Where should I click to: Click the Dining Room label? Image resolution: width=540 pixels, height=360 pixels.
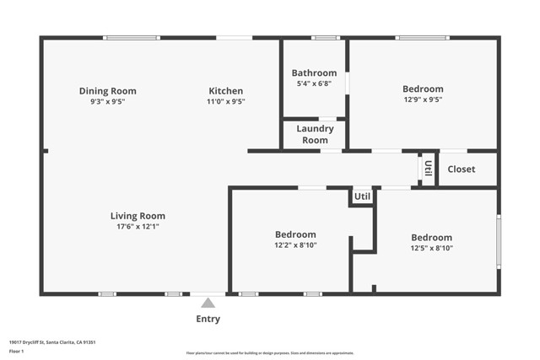click(x=107, y=91)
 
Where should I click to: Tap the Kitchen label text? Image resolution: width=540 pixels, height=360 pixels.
click(x=225, y=91)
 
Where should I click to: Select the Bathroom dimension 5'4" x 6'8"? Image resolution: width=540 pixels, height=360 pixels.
click(x=314, y=83)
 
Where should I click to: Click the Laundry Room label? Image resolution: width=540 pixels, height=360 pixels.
click(x=315, y=134)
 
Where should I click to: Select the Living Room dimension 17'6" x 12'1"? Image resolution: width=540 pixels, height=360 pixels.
click(x=138, y=226)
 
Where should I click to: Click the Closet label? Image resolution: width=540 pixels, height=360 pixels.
click(x=461, y=169)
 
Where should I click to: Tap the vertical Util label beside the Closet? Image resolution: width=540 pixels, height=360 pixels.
click(x=428, y=169)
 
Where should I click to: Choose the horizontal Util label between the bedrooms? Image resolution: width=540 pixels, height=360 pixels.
click(x=362, y=196)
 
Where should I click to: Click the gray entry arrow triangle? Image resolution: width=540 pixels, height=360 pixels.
click(x=208, y=303)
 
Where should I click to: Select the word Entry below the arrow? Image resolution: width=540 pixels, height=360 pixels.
click(x=208, y=319)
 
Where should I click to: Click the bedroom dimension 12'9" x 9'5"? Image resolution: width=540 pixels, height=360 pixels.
click(x=423, y=99)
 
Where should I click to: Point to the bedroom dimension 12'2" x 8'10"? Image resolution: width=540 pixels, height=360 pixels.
click(x=295, y=244)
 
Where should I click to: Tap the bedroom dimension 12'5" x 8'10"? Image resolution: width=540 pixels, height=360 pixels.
click(x=431, y=248)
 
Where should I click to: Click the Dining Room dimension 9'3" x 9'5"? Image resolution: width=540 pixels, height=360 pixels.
click(x=107, y=101)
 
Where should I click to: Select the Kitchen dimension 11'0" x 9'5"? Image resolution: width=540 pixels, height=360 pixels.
click(x=225, y=101)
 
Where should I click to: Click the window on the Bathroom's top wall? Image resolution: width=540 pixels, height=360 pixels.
click(x=325, y=37)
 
